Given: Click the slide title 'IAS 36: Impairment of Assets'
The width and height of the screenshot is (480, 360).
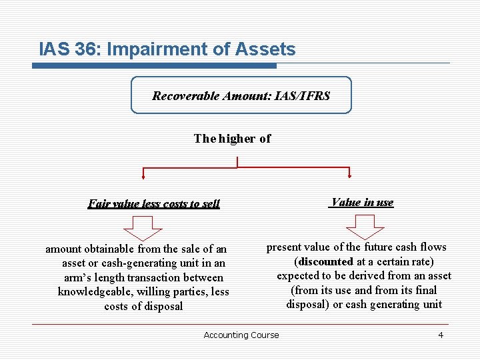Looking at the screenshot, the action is [x=167, y=49].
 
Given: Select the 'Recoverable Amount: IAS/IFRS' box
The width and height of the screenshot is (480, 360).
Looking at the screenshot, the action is [x=241, y=95].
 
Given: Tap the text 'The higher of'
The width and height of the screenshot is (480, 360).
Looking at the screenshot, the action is [x=232, y=139].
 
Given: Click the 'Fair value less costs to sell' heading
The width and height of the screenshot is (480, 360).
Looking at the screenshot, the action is [x=154, y=204].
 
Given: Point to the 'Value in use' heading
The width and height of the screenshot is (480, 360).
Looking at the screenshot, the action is [x=361, y=203].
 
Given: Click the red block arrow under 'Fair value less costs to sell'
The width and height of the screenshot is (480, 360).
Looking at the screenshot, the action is [x=143, y=228].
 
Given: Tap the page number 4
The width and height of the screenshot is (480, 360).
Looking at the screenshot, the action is [x=440, y=335].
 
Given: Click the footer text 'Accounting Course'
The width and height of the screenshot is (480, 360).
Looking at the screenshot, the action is [x=241, y=335].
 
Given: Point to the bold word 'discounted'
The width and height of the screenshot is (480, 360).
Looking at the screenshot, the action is [x=326, y=261].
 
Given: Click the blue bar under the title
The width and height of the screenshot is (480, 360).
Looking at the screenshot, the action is [x=154, y=65].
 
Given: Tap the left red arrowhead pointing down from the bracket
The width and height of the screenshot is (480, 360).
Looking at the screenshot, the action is [x=143, y=176].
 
